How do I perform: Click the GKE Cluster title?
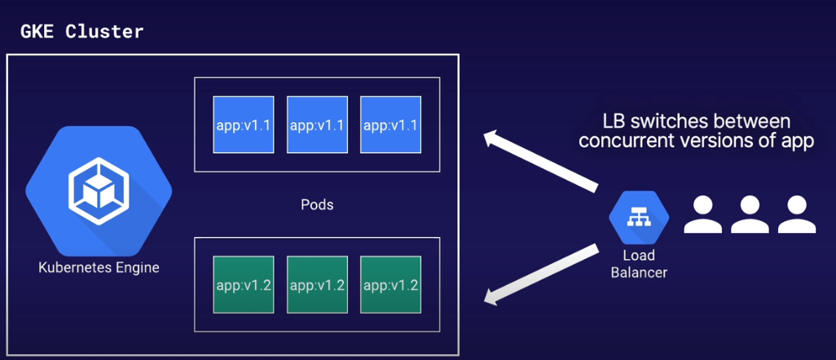[x=81, y=32]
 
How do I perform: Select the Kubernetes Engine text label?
[x=99, y=267]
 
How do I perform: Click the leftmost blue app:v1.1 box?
[x=244, y=125]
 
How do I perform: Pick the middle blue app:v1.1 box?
[x=317, y=125]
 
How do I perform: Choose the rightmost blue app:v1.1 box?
[x=390, y=125]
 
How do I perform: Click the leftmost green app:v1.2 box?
[x=244, y=285]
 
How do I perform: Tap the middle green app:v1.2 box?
[x=317, y=285]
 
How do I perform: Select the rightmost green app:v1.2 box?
[x=390, y=285]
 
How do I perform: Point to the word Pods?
[x=317, y=204]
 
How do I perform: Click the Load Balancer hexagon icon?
[x=639, y=217]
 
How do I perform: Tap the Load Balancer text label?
[x=639, y=264]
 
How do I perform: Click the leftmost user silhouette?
[x=702, y=215]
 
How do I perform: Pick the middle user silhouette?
[x=750, y=215]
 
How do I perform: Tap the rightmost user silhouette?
[x=797, y=215]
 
